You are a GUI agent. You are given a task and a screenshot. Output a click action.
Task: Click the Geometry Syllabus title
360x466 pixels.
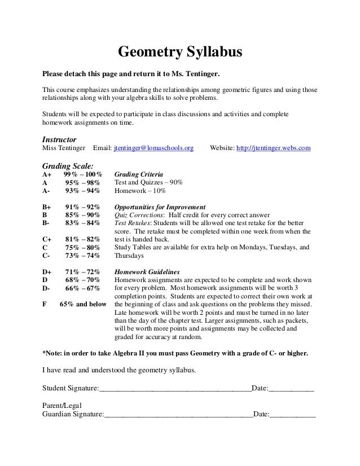click(x=179, y=53)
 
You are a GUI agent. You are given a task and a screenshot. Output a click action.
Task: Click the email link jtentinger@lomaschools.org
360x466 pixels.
click(x=153, y=148)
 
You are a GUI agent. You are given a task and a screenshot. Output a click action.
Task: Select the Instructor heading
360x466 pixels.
click(x=60, y=139)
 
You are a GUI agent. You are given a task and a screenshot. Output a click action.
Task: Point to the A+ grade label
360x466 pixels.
click(x=48, y=175)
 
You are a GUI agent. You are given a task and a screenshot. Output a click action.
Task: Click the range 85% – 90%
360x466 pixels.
click(x=82, y=215)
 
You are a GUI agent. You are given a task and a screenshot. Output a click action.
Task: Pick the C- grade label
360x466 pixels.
click(x=47, y=255)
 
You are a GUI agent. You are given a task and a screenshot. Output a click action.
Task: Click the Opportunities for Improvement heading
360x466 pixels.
click(x=160, y=206)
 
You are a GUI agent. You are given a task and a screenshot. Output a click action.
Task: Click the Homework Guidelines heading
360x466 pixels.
click(x=147, y=271)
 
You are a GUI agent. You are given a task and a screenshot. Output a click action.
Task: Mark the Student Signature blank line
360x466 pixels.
click(x=175, y=389)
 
